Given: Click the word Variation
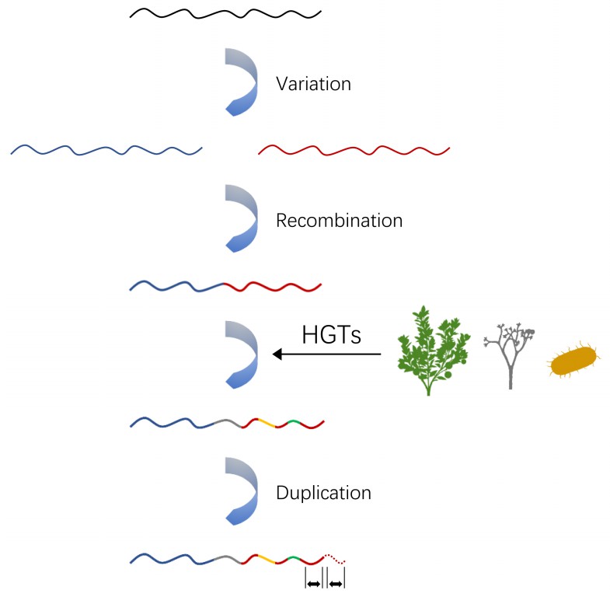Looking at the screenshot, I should [313, 83].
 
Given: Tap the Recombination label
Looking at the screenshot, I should [339, 221].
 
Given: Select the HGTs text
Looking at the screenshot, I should [331, 335].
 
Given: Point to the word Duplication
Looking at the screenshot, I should [322, 493].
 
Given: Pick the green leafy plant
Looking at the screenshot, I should [433, 350].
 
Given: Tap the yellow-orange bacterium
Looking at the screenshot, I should [573, 361].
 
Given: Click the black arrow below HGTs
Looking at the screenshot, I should [326, 355].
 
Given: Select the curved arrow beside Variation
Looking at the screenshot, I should [242, 82].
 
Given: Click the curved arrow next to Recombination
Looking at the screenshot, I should [242, 219].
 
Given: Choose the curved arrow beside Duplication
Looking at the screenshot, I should [242, 492].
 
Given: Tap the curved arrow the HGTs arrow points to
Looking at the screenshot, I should [242, 354].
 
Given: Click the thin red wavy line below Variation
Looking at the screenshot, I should [354, 149].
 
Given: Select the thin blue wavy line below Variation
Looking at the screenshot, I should [106, 149].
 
